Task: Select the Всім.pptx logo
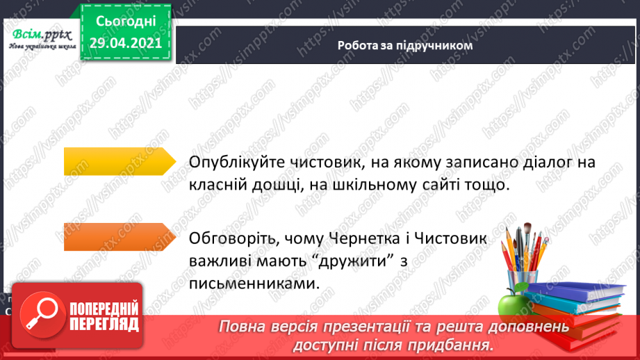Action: (x=39, y=39)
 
